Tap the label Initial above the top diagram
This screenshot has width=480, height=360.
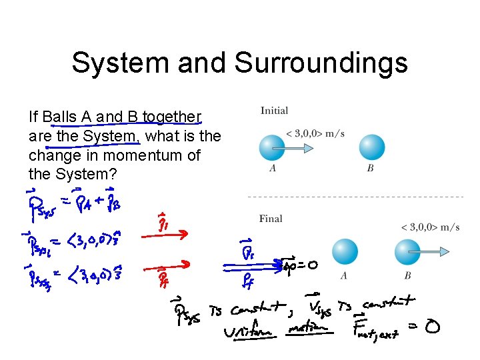click(274, 111)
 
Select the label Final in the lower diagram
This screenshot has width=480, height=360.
click(271, 218)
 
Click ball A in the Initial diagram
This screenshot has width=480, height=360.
click(272, 147)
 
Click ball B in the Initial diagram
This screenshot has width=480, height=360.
click(371, 147)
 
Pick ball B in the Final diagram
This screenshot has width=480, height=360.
click(408, 252)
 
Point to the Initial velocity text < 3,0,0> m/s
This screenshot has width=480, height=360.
click(315, 133)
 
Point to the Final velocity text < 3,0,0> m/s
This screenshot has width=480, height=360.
click(430, 227)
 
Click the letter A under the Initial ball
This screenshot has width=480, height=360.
click(273, 168)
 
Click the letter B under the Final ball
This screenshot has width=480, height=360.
click(408, 275)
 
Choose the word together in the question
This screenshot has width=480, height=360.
click(171, 118)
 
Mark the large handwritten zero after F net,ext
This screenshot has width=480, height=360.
click(431, 328)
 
